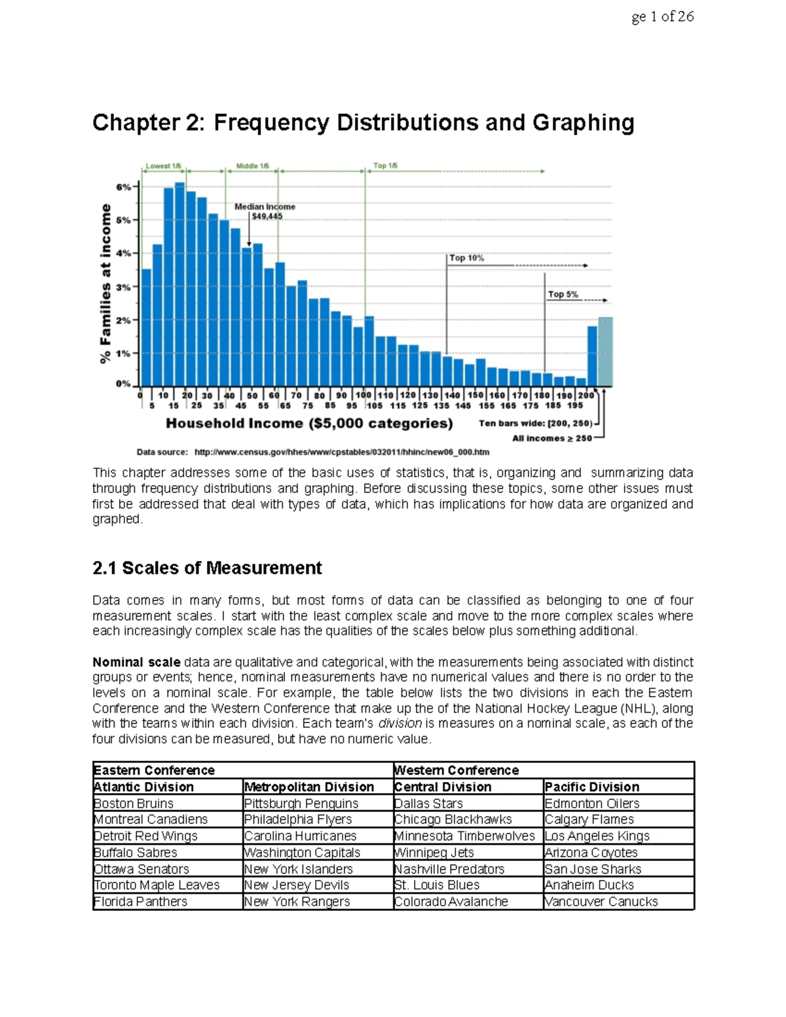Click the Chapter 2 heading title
tap(363, 123)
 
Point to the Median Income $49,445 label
tap(265, 212)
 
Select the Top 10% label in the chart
tap(466, 258)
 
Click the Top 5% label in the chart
tap(563, 295)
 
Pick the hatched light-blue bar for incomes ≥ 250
tap(605, 352)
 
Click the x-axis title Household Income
tap(309, 424)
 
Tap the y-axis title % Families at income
tap(105, 283)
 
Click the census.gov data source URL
tap(342, 452)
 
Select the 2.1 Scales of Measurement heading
tap(207, 568)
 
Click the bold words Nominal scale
tap(136, 662)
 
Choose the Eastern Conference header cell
tap(154, 770)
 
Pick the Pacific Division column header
tap(592, 787)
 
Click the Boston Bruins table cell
tap(134, 804)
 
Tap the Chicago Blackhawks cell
tap(453, 819)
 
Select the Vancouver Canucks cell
tap(601, 902)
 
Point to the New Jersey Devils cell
tap(297, 885)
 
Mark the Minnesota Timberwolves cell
tap(464, 836)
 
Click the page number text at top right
tap(662, 17)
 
